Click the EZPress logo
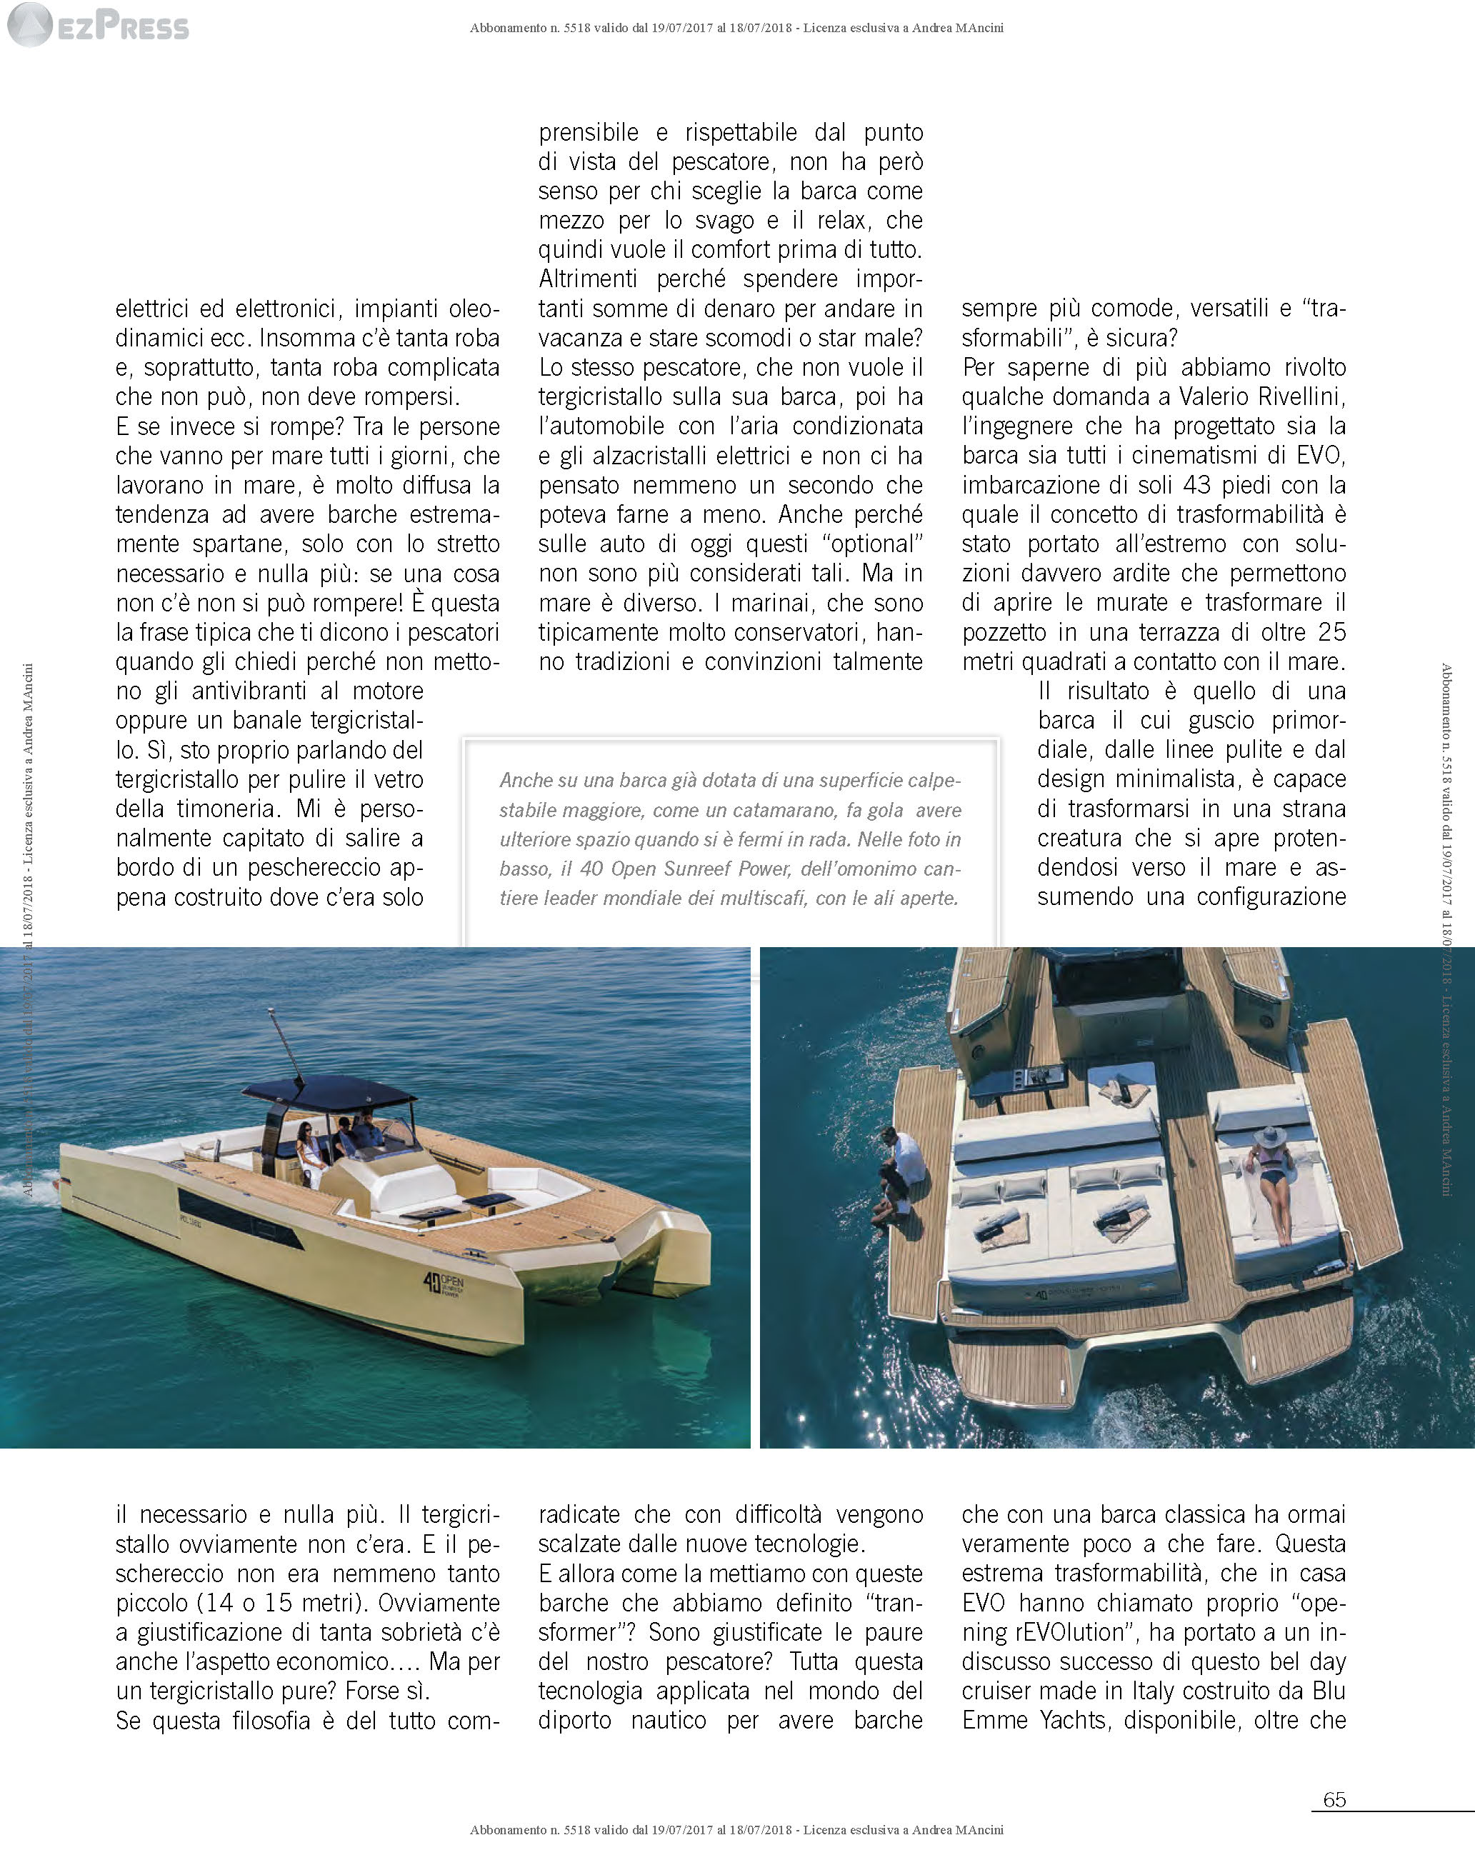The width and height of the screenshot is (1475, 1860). [x=96, y=26]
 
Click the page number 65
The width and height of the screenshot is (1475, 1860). [x=1334, y=1823]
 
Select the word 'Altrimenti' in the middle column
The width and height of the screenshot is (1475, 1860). [x=587, y=279]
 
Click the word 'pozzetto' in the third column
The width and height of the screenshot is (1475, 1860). [x=1004, y=632]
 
